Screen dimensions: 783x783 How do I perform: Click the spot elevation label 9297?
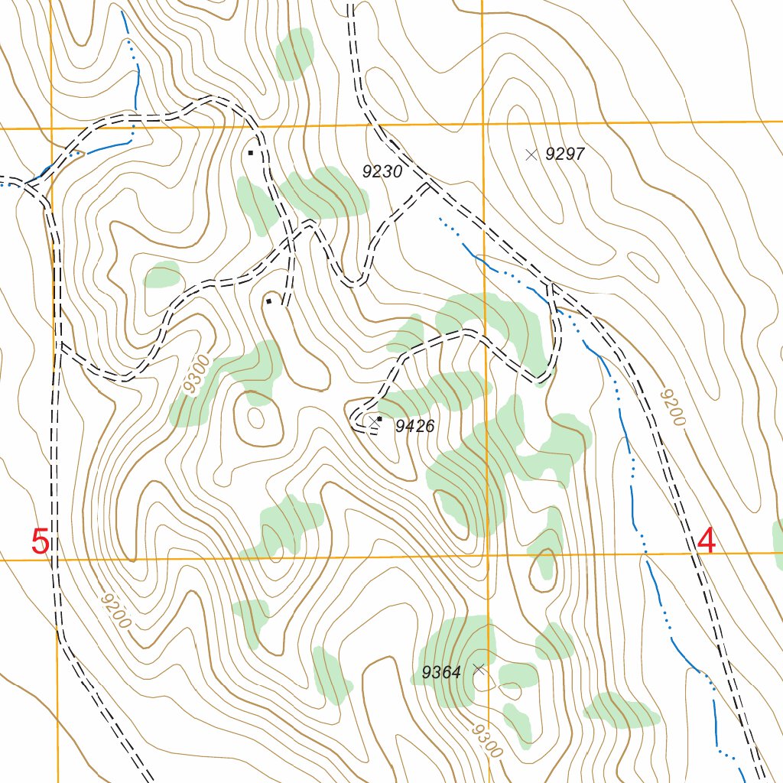point(565,154)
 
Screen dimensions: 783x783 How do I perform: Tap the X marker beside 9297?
point(531,154)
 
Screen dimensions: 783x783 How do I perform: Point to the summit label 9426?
point(415,427)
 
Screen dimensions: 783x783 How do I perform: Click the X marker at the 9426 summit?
point(374,421)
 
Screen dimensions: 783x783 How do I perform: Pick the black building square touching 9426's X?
point(379,418)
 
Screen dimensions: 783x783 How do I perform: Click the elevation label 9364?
point(441,673)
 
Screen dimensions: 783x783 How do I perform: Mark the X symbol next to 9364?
point(479,669)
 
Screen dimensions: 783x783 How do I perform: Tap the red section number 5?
point(41,542)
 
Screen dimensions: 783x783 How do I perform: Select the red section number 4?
point(707,542)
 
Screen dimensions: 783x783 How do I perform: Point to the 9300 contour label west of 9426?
point(196,375)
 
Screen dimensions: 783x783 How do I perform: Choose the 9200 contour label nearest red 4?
point(672,407)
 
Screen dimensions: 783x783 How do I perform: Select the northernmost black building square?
point(250,153)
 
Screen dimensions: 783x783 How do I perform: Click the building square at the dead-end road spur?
point(268,301)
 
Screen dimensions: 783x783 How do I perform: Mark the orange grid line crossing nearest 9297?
point(482,123)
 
